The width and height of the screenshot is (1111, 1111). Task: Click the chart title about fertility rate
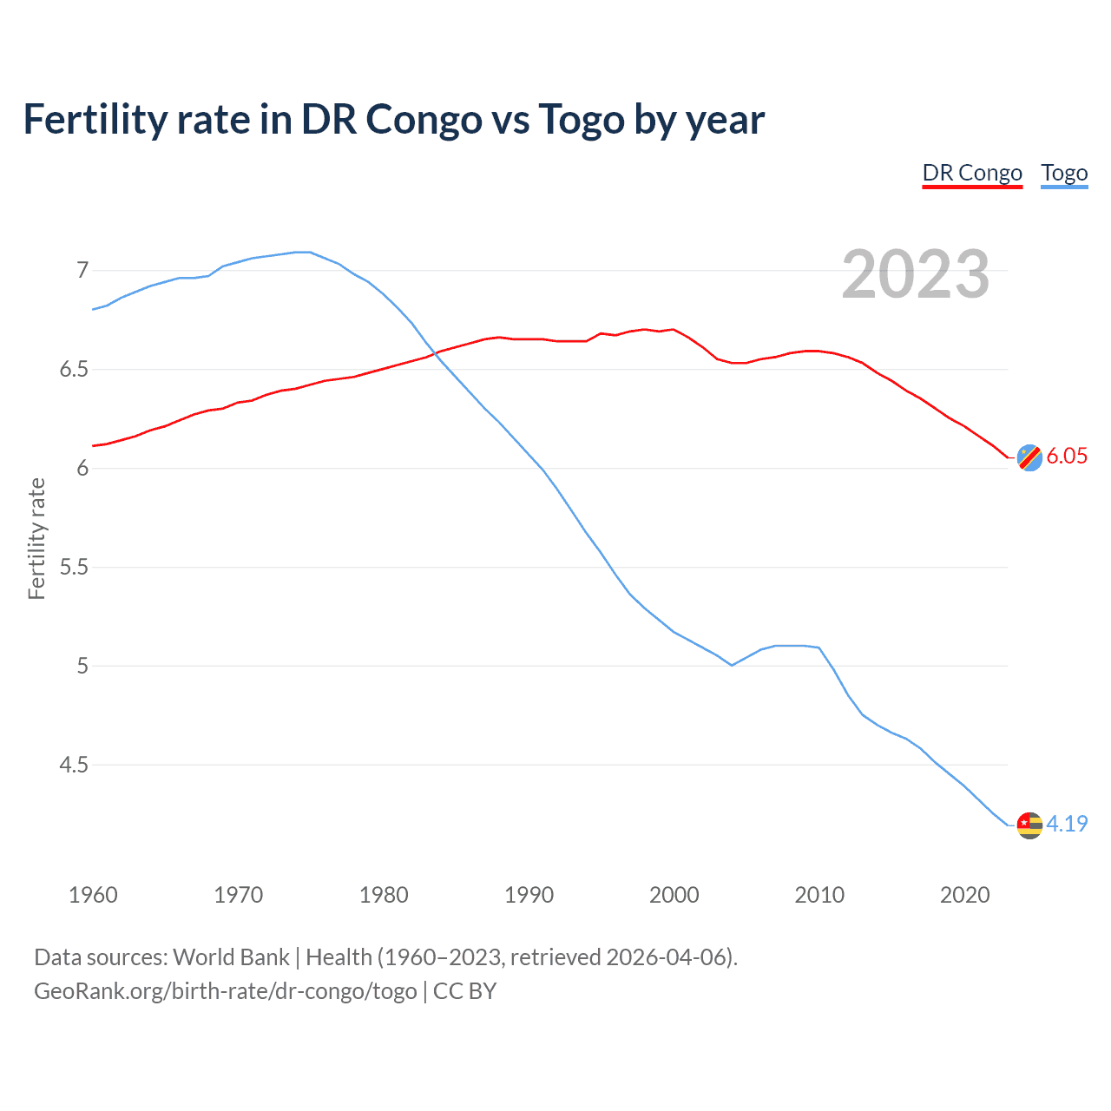click(393, 119)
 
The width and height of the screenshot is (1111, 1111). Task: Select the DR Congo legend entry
click(972, 173)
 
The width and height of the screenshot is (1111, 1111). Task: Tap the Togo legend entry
click(1064, 173)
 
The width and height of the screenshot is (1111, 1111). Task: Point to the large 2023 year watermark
click(915, 274)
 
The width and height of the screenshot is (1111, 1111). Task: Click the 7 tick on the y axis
click(82, 270)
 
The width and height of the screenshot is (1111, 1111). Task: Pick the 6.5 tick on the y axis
click(75, 369)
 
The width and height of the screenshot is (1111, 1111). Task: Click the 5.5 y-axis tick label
click(75, 567)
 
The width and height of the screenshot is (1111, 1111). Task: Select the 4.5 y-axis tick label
click(75, 765)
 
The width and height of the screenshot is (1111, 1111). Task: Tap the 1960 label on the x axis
click(93, 895)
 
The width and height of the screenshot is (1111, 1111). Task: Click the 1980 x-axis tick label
click(384, 895)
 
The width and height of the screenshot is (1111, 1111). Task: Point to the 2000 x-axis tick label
click(674, 895)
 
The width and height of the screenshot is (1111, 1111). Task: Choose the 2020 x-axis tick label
click(964, 895)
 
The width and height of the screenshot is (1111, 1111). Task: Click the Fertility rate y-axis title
click(36, 538)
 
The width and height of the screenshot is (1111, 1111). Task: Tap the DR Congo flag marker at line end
click(1029, 457)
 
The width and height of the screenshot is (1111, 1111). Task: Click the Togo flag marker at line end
click(1029, 825)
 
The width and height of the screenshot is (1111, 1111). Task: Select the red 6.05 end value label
click(1067, 457)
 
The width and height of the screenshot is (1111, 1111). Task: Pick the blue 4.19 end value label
click(1067, 824)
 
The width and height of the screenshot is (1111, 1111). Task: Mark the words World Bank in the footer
click(231, 957)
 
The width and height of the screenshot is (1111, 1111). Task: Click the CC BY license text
click(464, 991)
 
